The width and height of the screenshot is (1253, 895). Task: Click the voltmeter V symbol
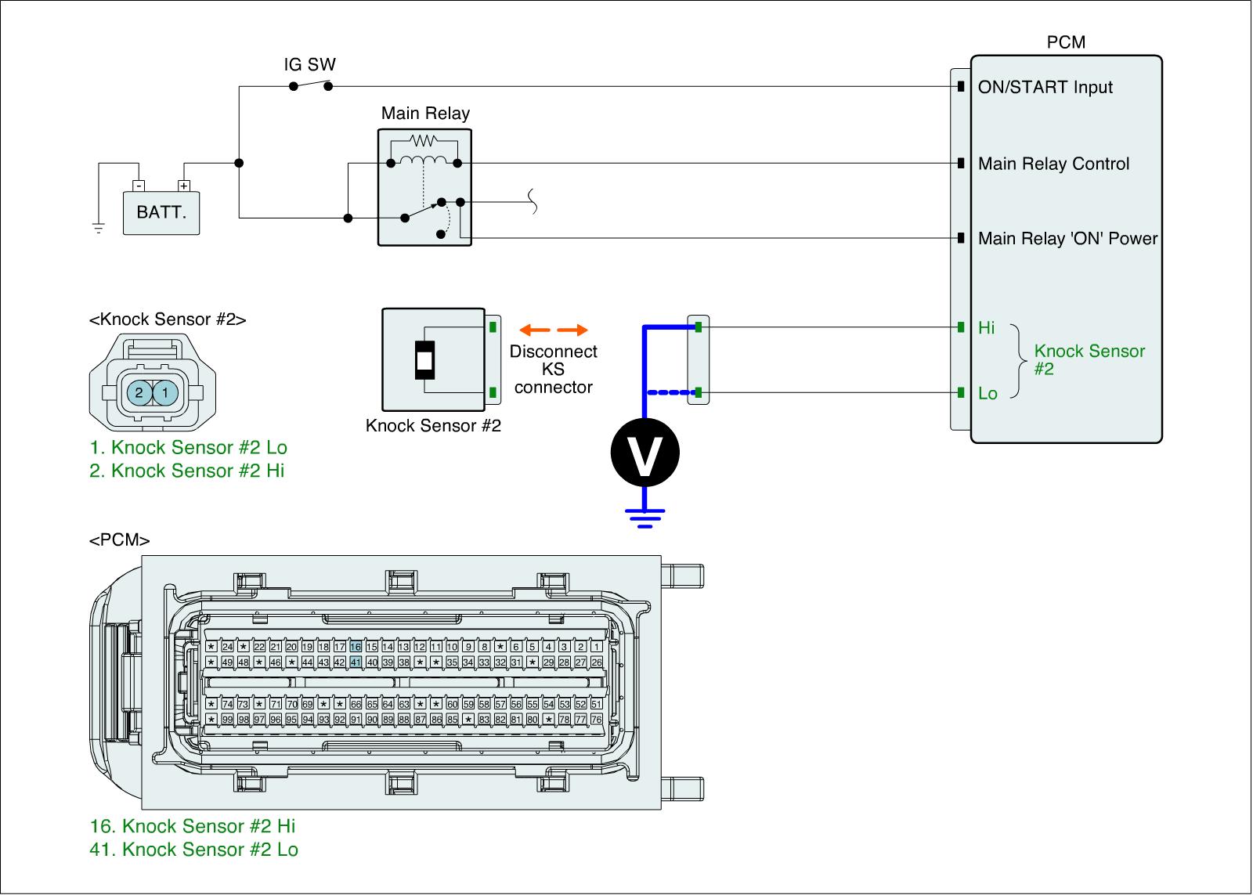[x=645, y=453]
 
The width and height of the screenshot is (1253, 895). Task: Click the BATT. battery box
[x=161, y=212]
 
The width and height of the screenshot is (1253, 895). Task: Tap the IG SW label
[x=309, y=64]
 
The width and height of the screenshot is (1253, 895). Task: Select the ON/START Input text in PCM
[x=1045, y=87]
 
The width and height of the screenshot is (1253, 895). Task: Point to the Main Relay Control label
[x=1053, y=164]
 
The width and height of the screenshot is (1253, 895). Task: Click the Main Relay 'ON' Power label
[x=1067, y=239]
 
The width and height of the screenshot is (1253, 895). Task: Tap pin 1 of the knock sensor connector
[x=165, y=393]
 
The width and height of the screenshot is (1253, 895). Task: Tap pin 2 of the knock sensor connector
[x=139, y=393]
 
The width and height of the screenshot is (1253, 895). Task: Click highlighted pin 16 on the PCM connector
[x=356, y=647]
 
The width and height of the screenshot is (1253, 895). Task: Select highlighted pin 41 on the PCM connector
[x=356, y=662]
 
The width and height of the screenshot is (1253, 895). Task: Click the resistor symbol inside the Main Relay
[x=424, y=142]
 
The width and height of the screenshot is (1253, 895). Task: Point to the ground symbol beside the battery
[x=99, y=228]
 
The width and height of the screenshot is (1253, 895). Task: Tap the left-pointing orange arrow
[x=534, y=330]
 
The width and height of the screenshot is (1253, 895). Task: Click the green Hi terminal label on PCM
[x=987, y=328]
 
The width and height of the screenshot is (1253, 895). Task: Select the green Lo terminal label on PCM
[x=988, y=393]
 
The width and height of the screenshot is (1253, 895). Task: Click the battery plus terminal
[x=184, y=186]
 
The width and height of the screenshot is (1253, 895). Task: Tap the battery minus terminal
[x=138, y=186]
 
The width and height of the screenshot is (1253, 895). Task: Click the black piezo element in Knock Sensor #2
[x=424, y=360]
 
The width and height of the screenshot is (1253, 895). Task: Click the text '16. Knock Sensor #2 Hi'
[x=193, y=826]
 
